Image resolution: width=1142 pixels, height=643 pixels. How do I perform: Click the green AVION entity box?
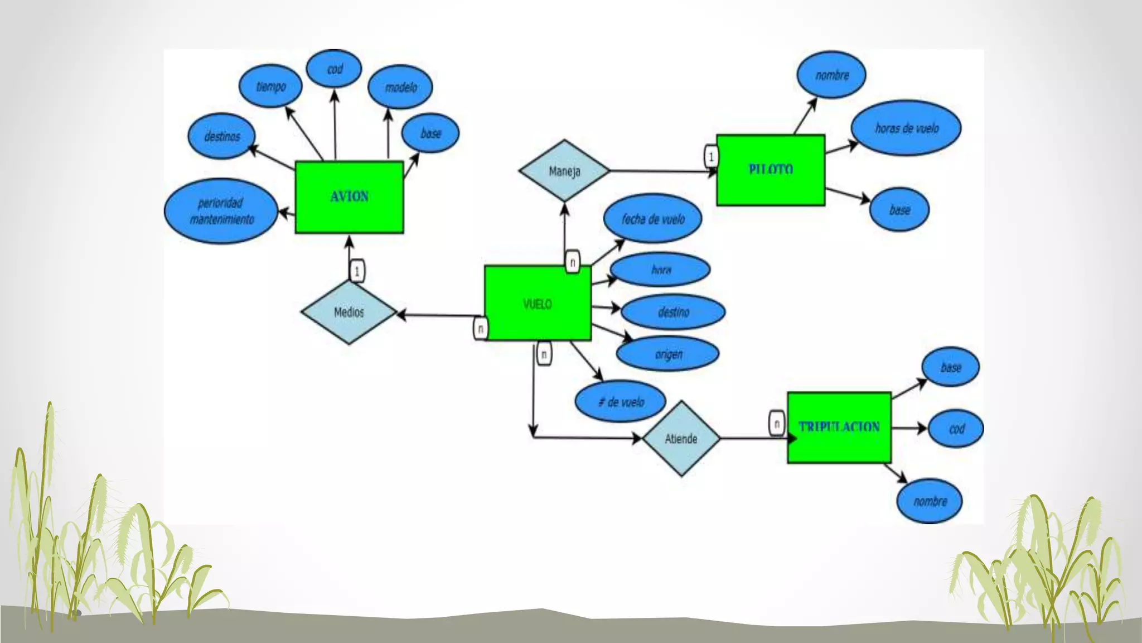pyautogui.click(x=349, y=197)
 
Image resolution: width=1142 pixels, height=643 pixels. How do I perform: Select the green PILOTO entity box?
pyautogui.click(x=770, y=170)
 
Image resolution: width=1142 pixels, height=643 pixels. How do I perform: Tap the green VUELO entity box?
pyautogui.click(x=538, y=304)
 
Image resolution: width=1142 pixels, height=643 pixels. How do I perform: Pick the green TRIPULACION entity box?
pyautogui.click(x=839, y=428)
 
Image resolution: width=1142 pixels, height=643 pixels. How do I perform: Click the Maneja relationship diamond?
pyautogui.click(x=564, y=171)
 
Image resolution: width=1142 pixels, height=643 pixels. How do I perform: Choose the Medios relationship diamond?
pyautogui.click(x=349, y=312)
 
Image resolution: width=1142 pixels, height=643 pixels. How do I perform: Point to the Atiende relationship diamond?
pyautogui.click(x=681, y=439)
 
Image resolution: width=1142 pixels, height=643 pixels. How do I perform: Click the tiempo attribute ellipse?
pyautogui.click(x=270, y=87)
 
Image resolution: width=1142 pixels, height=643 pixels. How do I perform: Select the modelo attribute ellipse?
pyautogui.click(x=400, y=87)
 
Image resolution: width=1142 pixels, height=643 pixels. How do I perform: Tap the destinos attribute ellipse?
pyautogui.click(x=222, y=136)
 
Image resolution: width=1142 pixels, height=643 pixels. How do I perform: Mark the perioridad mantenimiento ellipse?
pyautogui.click(x=221, y=211)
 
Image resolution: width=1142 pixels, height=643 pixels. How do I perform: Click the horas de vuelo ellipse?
pyautogui.click(x=906, y=128)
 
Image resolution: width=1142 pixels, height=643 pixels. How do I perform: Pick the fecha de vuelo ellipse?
pyautogui.click(x=653, y=219)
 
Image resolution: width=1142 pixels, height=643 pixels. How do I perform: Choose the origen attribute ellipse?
pyautogui.click(x=668, y=354)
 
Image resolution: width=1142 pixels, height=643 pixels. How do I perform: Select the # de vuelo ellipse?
pyautogui.click(x=621, y=402)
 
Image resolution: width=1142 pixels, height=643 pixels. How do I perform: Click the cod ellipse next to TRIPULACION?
pyautogui.click(x=956, y=429)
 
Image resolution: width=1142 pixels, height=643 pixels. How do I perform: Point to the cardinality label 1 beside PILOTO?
pyautogui.click(x=711, y=157)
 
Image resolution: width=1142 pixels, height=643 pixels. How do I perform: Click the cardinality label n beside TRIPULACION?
pyautogui.click(x=777, y=423)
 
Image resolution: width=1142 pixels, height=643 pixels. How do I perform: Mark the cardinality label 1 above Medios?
pyautogui.click(x=357, y=271)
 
